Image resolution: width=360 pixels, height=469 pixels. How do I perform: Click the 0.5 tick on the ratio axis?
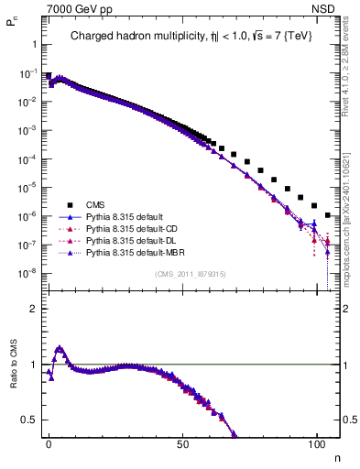31,420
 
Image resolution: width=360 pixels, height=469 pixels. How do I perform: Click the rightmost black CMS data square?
328,215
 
